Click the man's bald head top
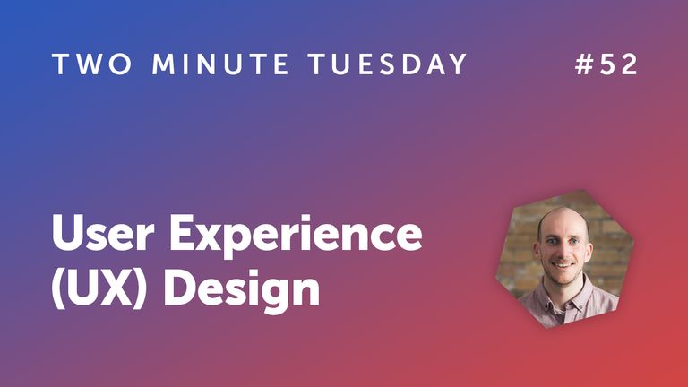point(561,218)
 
